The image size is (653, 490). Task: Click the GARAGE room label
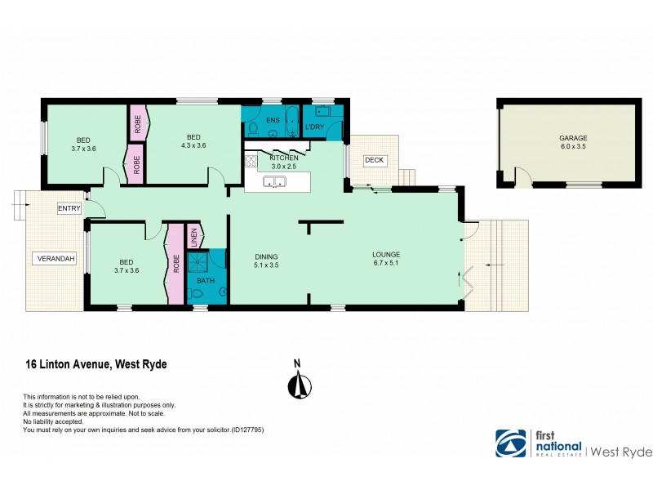tap(573, 138)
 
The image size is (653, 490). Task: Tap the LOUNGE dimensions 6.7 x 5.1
tap(388, 265)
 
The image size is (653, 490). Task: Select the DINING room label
tap(267, 255)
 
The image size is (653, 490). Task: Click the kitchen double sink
tap(274, 184)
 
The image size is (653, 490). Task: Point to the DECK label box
tap(374, 160)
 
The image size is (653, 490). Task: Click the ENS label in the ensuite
tap(273, 120)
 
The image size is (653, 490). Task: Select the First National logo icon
tap(512, 443)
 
